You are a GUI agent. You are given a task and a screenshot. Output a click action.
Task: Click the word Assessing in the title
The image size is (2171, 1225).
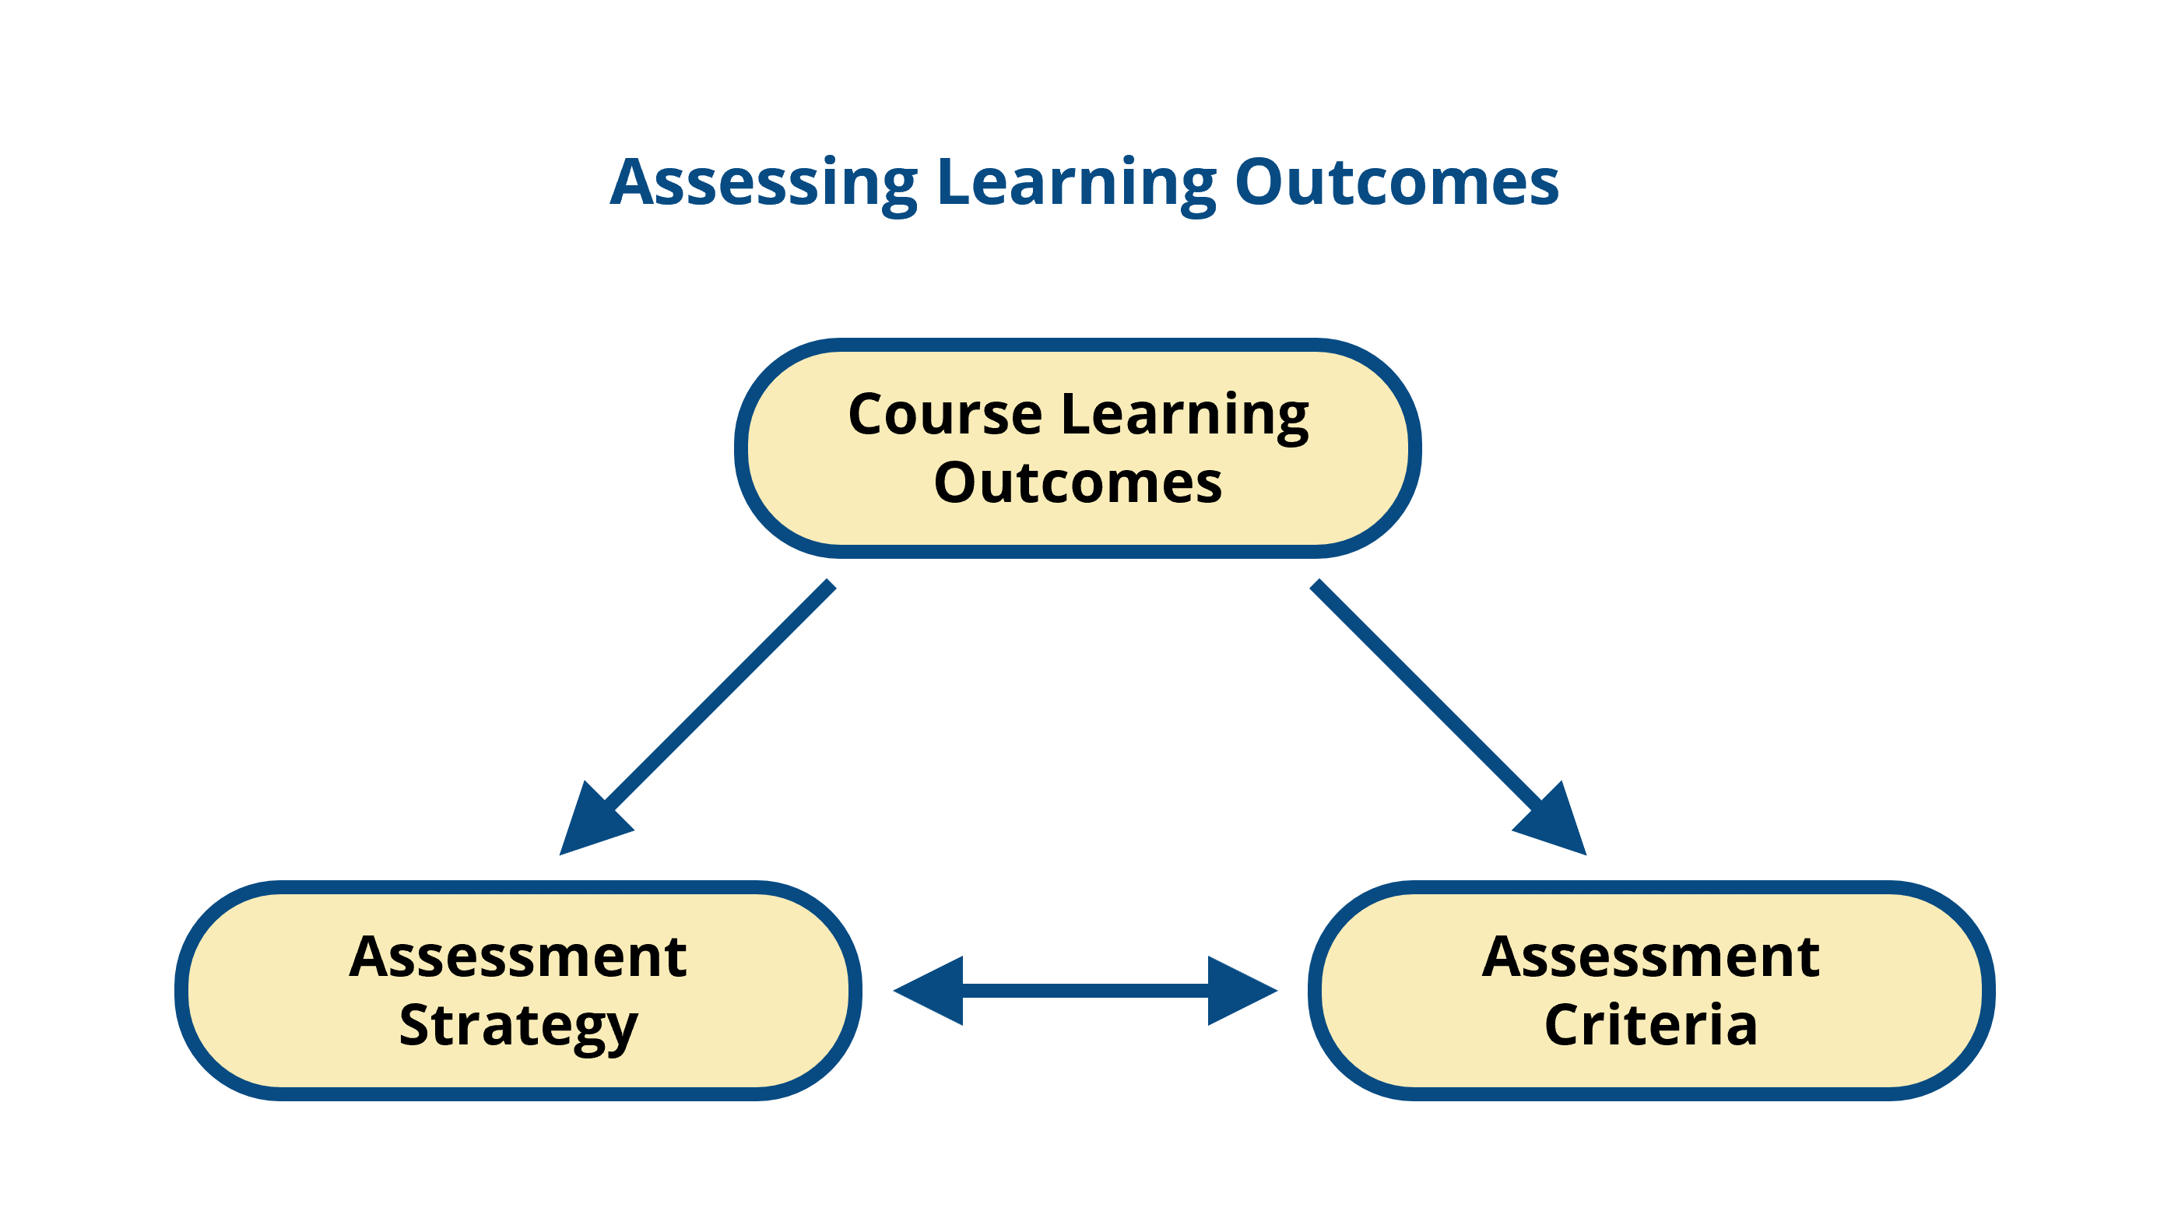point(763,183)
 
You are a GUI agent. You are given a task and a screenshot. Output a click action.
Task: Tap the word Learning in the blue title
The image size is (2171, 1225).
point(1077,183)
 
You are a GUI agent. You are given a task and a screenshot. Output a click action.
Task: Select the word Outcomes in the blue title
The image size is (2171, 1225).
point(1396,183)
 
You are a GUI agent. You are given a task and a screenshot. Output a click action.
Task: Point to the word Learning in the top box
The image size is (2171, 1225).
point(1184,415)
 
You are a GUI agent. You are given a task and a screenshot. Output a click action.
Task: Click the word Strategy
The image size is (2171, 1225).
point(518,1027)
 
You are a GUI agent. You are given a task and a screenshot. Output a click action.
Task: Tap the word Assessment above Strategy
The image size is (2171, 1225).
point(518,957)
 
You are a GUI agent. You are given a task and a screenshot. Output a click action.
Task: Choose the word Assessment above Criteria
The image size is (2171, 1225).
point(1651,957)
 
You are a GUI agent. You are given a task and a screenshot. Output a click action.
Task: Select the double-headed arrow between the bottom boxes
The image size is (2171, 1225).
point(1085,991)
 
